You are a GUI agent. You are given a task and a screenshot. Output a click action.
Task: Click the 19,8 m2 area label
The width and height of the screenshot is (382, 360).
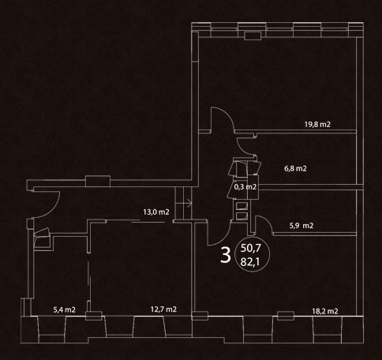pos(317,124)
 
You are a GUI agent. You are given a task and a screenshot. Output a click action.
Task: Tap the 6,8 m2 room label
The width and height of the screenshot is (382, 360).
pos(295,168)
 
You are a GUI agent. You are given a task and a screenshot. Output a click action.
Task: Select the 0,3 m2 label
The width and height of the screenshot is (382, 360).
pos(245,187)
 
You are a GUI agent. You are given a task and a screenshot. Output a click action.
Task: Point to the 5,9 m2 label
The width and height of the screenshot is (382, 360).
pos(301,226)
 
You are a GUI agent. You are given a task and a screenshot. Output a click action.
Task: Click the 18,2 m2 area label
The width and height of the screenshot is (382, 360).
pos(325,311)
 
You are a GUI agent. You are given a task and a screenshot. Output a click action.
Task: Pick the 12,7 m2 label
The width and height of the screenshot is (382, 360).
pos(163,309)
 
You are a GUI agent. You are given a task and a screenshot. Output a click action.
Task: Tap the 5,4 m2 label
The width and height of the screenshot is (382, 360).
pos(65,309)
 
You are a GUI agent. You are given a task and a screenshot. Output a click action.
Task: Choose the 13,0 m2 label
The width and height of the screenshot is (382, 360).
pos(156,212)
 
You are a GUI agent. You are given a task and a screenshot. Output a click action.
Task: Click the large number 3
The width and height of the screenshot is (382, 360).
pos(226,255)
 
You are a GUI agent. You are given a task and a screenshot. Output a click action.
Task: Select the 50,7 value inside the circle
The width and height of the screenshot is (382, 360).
pos(250,248)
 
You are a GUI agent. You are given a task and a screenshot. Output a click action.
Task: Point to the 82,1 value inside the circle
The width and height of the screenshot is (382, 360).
pos(250,262)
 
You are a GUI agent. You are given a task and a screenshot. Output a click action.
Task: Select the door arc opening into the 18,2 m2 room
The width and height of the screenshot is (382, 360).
pos(223,238)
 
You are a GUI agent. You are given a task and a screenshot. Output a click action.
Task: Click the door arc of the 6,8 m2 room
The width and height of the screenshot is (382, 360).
pos(242,148)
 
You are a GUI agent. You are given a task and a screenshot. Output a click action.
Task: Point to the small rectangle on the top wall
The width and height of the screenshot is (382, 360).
pos(253,36)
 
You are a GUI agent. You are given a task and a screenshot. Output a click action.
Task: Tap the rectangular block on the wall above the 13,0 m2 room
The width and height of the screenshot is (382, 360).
pos(98,181)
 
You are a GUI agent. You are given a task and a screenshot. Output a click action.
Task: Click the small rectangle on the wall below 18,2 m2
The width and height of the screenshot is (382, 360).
pos(286,316)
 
